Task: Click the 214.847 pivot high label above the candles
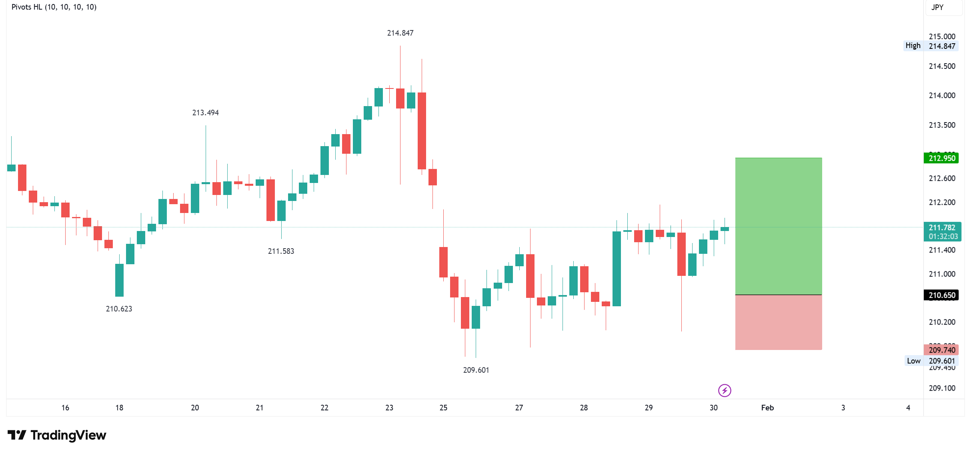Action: pyautogui.click(x=400, y=33)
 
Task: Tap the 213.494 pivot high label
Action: pyautogui.click(x=205, y=113)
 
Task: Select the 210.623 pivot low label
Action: pyautogui.click(x=119, y=309)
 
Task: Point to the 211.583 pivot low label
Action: pyautogui.click(x=281, y=251)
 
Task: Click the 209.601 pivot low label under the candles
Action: pyautogui.click(x=476, y=370)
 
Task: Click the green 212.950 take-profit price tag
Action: pyautogui.click(x=941, y=158)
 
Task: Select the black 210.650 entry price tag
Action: pyautogui.click(x=941, y=295)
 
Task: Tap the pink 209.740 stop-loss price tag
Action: pyautogui.click(x=941, y=350)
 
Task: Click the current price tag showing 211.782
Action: pyautogui.click(x=941, y=228)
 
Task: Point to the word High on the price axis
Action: pyautogui.click(x=913, y=46)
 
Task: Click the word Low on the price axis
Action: pyautogui.click(x=913, y=361)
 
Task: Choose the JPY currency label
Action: pyautogui.click(x=937, y=7)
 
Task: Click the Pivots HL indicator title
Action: pyautogui.click(x=54, y=7)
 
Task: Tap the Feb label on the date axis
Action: pyautogui.click(x=767, y=408)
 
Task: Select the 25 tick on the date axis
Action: pyautogui.click(x=443, y=408)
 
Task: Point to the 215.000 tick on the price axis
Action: pyautogui.click(x=941, y=36)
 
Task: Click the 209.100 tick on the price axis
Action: pyautogui.click(x=941, y=388)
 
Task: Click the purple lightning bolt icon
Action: pyautogui.click(x=725, y=390)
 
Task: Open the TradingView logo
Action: pyautogui.click(x=57, y=435)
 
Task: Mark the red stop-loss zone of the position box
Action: pyautogui.click(x=778, y=323)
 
